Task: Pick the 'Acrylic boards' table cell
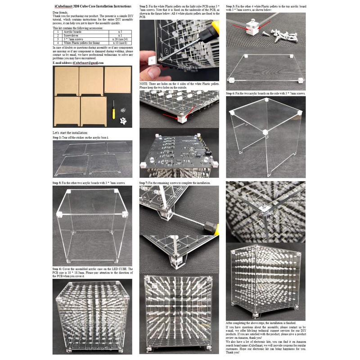click(x=75, y=32)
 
